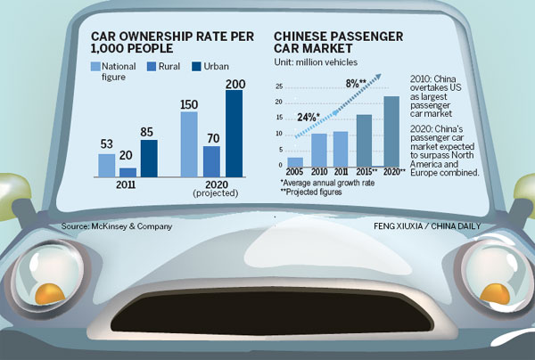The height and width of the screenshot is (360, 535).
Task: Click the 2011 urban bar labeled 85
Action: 149,158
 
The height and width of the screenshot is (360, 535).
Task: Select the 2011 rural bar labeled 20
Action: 128,172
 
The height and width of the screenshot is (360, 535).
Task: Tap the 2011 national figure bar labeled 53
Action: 106,165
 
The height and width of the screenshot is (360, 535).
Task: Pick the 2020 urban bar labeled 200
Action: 233,134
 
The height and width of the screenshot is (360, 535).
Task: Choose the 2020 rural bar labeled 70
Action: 211,161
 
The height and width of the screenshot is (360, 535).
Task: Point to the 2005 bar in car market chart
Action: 295,162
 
